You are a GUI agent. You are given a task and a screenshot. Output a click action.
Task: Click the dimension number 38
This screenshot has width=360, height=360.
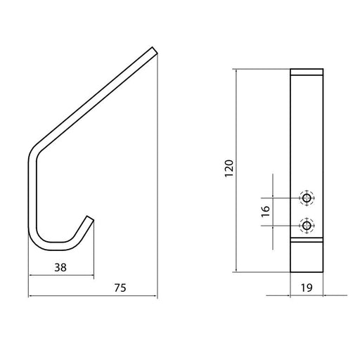pyautogui.click(x=60, y=267)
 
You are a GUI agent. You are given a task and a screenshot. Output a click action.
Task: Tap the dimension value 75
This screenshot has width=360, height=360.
pyautogui.click(x=120, y=288)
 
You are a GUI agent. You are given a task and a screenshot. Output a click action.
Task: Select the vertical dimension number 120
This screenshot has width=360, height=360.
pyautogui.click(x=229, y=169)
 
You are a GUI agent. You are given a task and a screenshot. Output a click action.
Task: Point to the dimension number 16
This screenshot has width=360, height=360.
pyautogui.click(x=266, y=212)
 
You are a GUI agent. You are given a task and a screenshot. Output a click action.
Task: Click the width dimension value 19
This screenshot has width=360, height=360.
pyautogui.click(x=307, y=288)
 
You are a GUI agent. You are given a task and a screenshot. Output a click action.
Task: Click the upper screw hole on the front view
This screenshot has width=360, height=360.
pyautogui.click(x=307, y=198)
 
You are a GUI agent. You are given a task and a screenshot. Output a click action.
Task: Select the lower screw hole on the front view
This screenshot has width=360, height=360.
pyautogui.click(x=307, y=226)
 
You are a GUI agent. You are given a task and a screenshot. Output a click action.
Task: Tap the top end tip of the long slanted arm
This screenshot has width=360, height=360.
pyautogui.click(x=155, y=51)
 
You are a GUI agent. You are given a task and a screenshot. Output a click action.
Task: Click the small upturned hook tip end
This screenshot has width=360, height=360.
pyautogui.click(x=91, y=218)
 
